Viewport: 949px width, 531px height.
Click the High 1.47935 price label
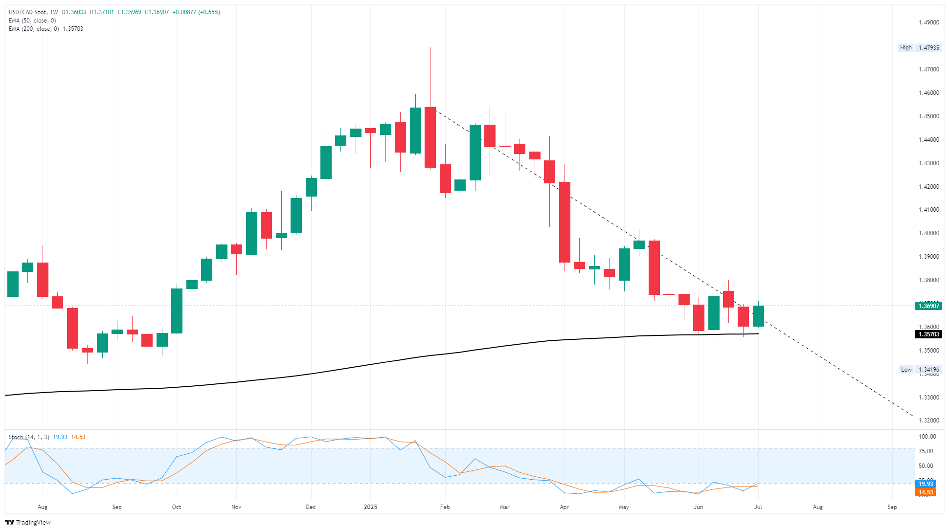click(x=919, y=47)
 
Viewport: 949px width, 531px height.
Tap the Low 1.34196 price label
click(x=919, y=370)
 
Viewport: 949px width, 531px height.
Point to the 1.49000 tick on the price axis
click(x=928, y=22)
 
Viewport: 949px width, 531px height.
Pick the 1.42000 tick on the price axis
click(x=928, y=187)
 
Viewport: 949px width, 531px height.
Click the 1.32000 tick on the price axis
click(x=928, y=420)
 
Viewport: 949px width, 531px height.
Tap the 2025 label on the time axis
click(x=370, y=507)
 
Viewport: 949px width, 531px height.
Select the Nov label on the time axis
click(x=236, y=507)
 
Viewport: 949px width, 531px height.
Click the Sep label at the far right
click(x=892, y=507)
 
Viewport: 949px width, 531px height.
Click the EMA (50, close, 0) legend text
click(x=32, y=21)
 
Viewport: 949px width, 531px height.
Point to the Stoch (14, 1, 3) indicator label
click(x=29, y=437)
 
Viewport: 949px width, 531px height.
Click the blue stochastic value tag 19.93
click(x=925, y=484)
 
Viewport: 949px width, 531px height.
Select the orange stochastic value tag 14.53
click(x=925, y=492)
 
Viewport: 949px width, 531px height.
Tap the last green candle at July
click(x=758, y=316)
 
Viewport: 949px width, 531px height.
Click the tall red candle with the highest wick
click(x=430, y=137)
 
